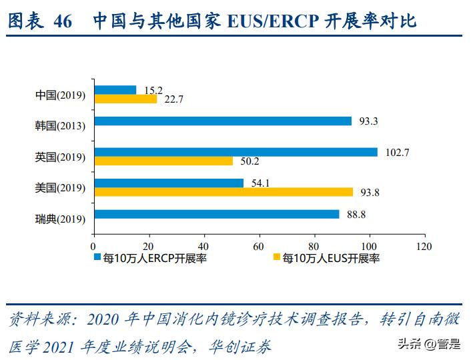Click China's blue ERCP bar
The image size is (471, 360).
coord(115,90)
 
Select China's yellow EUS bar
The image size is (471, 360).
coord(125,99)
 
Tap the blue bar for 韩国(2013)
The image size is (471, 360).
coord(223,121)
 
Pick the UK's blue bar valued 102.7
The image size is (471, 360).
coord(235,152)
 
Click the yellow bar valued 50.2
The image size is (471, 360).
coord(163,161)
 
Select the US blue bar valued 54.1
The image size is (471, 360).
coord(169,183)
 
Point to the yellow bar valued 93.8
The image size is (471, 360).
coord(223,192)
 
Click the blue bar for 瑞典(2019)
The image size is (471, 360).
coord(217,215)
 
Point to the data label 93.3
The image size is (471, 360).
coord(367,121)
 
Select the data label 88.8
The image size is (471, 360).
coord(355,215)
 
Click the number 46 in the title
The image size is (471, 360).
coord(61,21)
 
